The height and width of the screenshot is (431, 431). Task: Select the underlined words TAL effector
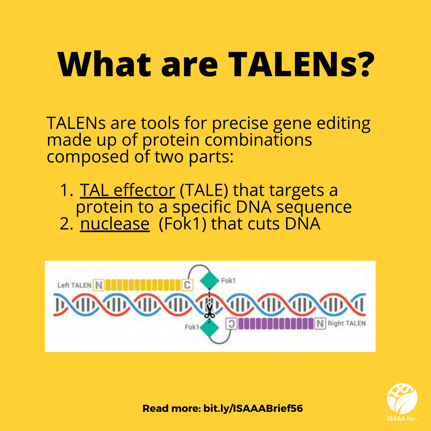tap(128, 190)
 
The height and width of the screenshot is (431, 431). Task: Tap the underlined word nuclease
tap(115, 224)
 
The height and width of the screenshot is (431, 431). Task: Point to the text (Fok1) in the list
tap(182, 224)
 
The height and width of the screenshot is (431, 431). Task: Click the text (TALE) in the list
tap(204, 190)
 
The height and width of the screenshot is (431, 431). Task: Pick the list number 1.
tap(66, 190)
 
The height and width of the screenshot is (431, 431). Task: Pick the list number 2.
tap(66, 224)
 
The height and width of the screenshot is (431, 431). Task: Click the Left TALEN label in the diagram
tap(74, 285)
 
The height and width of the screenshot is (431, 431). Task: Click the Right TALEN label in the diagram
tap(347, 323)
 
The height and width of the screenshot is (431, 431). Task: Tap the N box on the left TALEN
tap(99, 285)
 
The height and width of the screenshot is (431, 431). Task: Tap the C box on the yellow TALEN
tap(187, 285)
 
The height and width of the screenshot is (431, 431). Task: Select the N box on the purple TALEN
tap(320, 324)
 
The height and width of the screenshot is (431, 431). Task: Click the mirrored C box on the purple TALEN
tap(231, 324)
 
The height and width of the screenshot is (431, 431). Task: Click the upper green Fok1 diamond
tap(210, 281)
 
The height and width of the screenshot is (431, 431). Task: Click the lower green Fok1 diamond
tap(210, 327)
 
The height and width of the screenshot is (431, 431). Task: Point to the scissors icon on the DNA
tap(210, 311)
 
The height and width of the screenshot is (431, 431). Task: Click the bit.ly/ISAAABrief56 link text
tap(253, 409)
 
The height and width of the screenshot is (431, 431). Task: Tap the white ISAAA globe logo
tap(402, 399)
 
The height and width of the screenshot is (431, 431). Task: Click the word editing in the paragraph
tap(344, 123)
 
